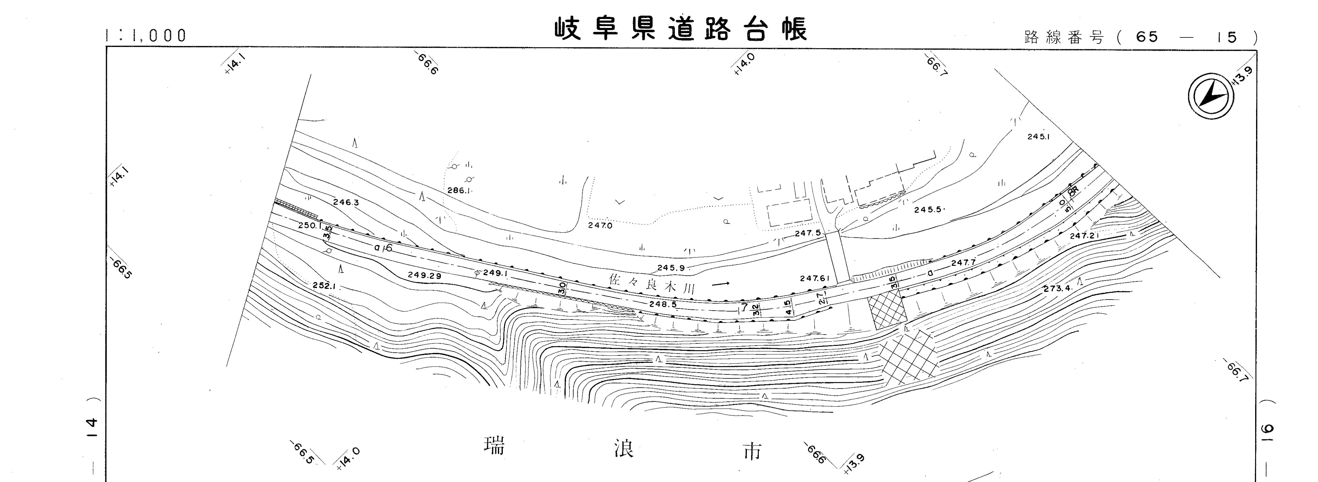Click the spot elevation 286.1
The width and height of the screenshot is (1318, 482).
458,190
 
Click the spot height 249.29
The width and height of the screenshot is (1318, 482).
424,275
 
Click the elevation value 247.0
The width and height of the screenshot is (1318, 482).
600,225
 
